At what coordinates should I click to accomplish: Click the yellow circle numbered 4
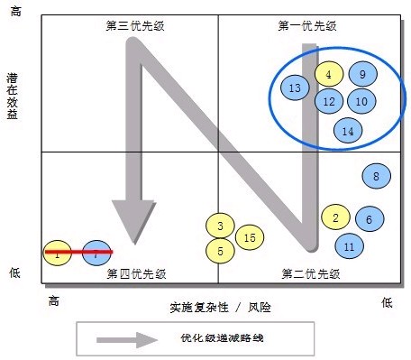coord(329,76)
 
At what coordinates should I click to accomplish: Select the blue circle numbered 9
coord(361,76)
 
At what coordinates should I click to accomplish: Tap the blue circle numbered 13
coord(296,88)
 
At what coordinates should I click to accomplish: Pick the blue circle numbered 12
coord(329,101)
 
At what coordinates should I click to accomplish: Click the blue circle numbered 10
coord(361,102)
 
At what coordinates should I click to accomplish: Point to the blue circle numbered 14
coord(348,131)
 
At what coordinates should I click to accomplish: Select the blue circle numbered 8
coord(376,177)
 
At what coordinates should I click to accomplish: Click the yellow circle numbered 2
coord(335,217)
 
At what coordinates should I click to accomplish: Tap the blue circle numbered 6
coord(369,219)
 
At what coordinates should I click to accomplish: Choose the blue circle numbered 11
coord(350,245)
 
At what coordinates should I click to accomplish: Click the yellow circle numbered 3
coord(220,226)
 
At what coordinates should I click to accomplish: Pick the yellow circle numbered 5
coord(220,250)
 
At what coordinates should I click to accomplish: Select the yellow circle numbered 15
coord(250,237)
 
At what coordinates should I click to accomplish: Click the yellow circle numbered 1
coord(58,254)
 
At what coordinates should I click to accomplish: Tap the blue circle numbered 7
coord(96,254)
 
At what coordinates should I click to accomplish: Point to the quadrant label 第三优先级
coord(132,24)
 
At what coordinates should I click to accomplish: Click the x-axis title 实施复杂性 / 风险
coord(220,307)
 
